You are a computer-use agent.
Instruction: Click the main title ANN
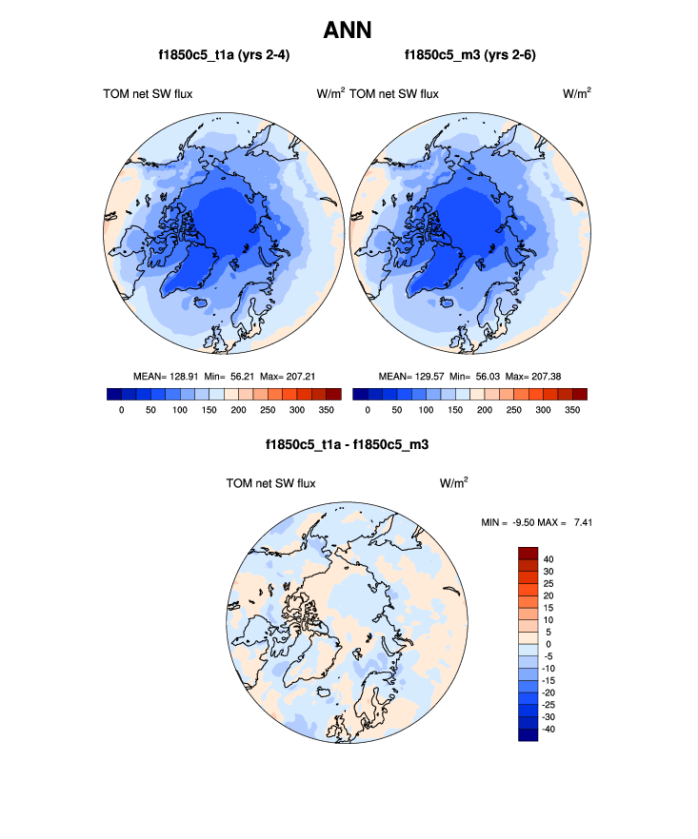click(348, 29)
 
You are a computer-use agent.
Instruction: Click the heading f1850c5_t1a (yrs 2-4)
click(224, 55)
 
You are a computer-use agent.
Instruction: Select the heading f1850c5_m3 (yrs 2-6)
click(469, 55)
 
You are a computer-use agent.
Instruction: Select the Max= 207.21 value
click(289, 376)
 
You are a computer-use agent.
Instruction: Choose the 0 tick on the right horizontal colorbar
click(368, 410)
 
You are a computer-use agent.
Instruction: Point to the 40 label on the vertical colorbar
click(548, 559)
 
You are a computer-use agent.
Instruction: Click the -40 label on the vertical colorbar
click(550, 729)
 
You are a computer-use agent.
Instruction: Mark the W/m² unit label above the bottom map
click(453, 483)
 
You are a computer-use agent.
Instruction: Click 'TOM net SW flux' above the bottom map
click(270, 483)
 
